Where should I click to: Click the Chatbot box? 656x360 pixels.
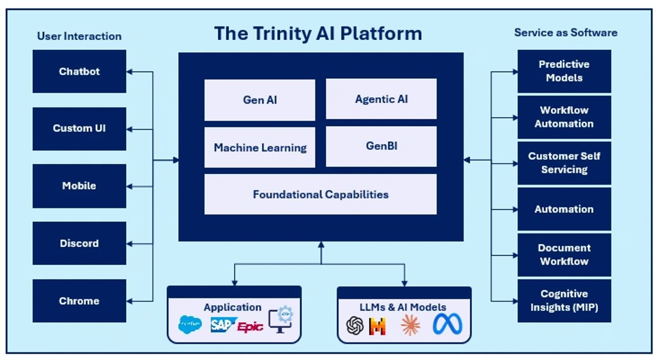79,71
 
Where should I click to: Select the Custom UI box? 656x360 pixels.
79,129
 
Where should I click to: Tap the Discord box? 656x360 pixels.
79,244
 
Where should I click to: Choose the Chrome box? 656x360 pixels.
79,301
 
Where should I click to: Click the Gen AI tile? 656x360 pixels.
260,100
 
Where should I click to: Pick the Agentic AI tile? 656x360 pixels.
381,99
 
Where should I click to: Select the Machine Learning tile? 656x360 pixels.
260,148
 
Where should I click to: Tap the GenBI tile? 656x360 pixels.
381,146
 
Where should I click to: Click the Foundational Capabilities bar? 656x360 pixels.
321,194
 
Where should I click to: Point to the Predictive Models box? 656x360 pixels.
564,71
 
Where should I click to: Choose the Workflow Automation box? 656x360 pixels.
564,117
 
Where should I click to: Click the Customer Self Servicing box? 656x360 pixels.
564,163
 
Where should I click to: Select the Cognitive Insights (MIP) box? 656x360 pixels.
564,301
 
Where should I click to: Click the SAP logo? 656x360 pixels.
222,325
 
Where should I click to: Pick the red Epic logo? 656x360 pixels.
250,327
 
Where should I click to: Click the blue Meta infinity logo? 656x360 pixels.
448,325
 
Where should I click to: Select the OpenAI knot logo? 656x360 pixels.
355,326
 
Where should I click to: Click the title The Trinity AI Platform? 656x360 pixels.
318,34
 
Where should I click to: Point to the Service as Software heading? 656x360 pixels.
566,33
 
